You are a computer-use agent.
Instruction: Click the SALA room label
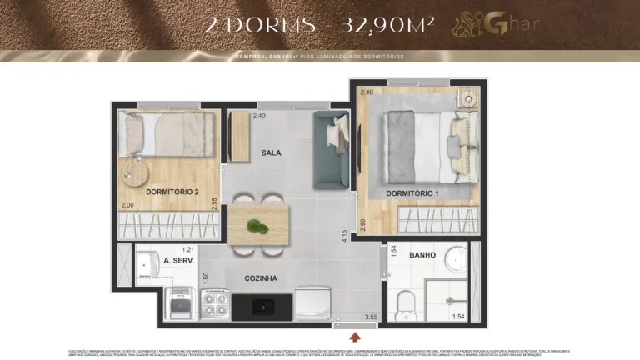pos(271,152)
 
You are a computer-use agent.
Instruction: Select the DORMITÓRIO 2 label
pos(172,192)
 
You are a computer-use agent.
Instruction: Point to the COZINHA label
pos(261,278)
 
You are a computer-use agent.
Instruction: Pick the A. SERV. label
pos(179,260)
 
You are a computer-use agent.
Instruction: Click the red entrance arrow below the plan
pos(356,337)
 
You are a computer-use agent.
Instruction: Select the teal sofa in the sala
pos(329,151)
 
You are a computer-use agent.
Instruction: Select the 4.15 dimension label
pos(343,235)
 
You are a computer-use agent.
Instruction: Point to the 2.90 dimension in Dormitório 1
pos(362,224)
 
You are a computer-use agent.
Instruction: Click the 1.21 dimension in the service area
pos(187,249)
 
